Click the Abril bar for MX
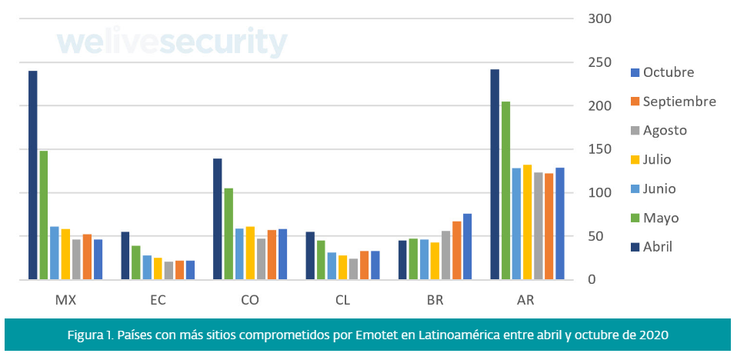click(x=33, y=175)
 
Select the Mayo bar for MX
click(x=44, y=215)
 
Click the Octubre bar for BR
click(x=467, y=246)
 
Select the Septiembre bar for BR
click(x=456, y=250)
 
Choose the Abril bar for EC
click(x=125, y=255)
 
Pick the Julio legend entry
click(x=657, y=160)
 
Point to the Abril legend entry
click(x=657, y=247)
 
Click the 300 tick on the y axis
click(x=599, y=18)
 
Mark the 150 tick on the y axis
click(x=599, y=148)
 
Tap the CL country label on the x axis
click(x=342, y=300)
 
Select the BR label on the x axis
click(x=435, y=300)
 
